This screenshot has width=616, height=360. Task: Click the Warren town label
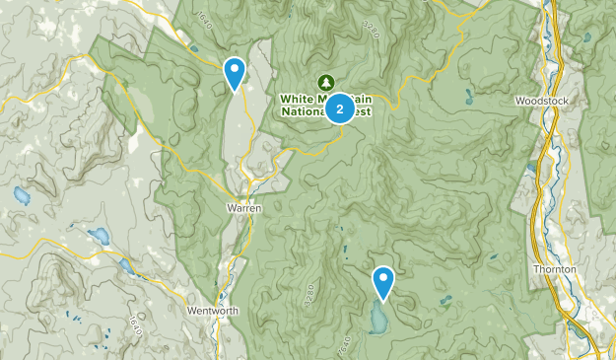pos(244,209)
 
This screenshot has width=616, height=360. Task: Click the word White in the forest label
pos(296,99)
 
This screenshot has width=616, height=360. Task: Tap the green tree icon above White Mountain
pos(322,81)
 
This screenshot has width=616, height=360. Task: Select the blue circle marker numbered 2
pos(340,108)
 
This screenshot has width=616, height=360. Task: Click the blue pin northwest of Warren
pos(235,72)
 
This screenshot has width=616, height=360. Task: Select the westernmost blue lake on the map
pos(21,195)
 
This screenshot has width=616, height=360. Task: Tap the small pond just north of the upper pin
pos(195,48)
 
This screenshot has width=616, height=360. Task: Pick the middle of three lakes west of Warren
pos(99,237)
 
